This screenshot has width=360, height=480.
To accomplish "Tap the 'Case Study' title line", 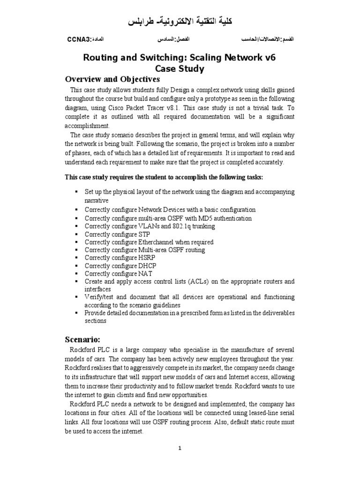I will (x=180, y=68).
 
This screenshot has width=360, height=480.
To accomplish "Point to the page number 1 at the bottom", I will (x=180, y=448).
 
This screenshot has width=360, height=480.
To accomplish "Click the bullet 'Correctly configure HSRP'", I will (x=120, y=258).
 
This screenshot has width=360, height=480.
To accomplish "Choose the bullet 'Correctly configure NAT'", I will (x=118, y=273).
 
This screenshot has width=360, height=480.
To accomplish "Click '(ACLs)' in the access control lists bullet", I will (x=192, y=281).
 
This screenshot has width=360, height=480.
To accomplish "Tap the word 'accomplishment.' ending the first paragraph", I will (x=87, y=126).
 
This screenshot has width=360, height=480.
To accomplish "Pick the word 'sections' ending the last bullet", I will (x=96, y=321).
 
